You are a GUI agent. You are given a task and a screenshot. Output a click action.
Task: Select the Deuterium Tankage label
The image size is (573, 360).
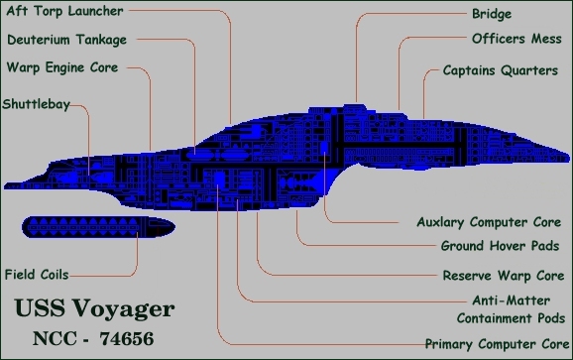[66, 41]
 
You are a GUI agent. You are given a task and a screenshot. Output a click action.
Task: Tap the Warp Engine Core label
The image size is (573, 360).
[61, 68]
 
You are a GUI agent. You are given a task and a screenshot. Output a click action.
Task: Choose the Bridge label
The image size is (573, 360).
[491, 14]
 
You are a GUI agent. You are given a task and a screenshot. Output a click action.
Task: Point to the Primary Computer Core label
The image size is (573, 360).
[487, 344]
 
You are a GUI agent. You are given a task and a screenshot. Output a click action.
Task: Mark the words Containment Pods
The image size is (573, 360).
[506, 318]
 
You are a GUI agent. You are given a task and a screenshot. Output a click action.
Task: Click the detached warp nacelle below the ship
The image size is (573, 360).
[94, 228]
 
